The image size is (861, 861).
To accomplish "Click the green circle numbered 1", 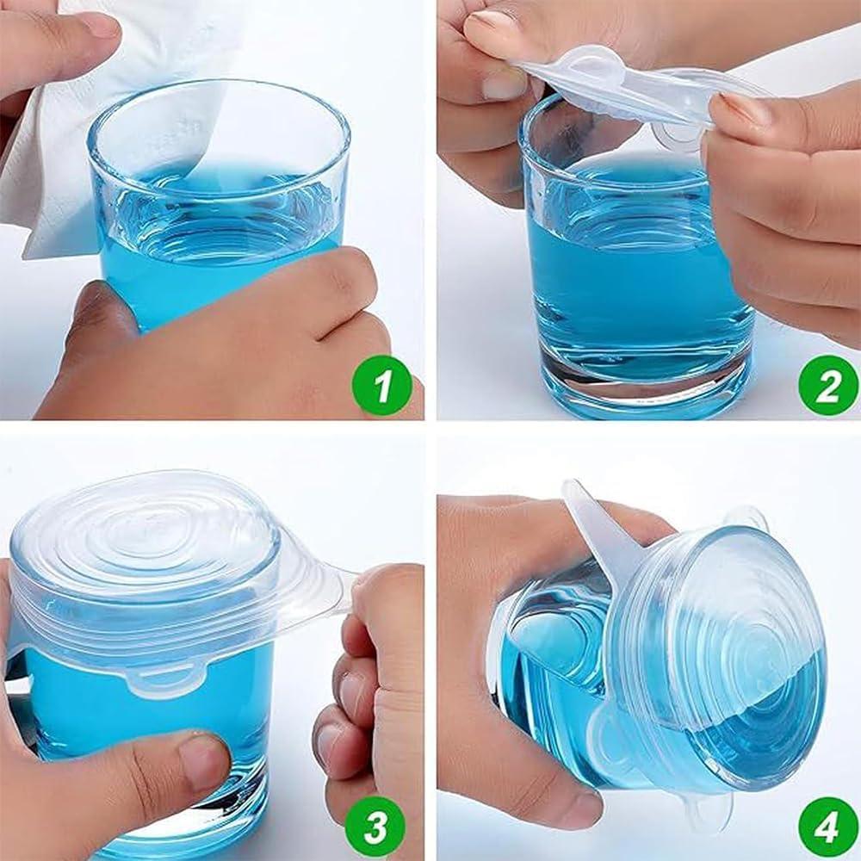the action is (x=381, y=384).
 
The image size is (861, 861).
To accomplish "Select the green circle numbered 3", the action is (x=376, y=827).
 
